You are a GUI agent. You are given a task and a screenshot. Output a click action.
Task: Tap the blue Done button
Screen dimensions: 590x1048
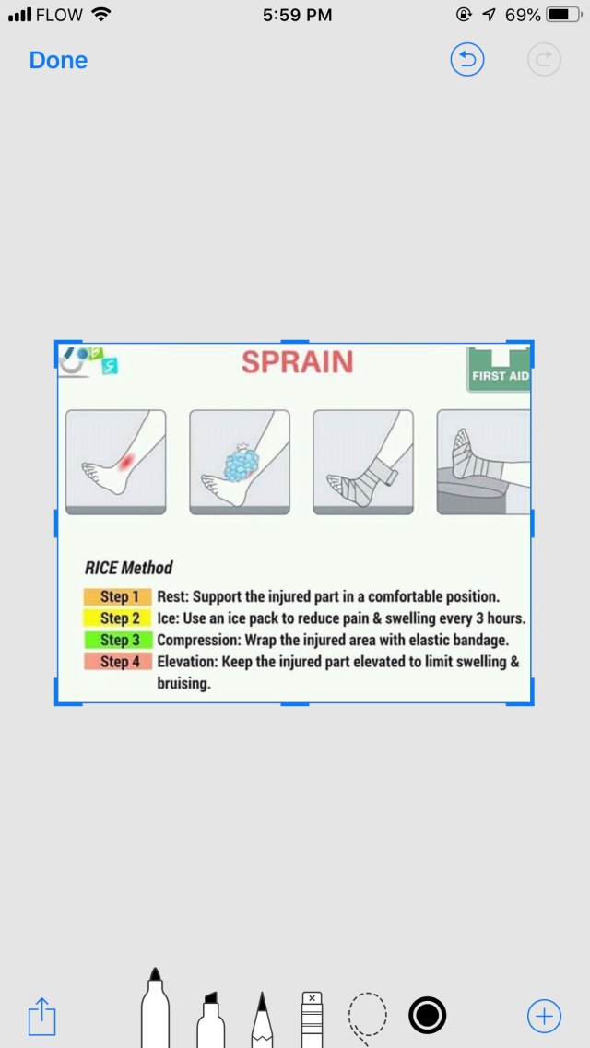[x=58, y=60]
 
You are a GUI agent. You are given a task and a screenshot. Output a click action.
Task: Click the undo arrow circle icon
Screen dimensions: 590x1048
[x=467, y=60]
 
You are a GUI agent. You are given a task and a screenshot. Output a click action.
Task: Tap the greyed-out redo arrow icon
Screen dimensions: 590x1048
[x=544, y=60]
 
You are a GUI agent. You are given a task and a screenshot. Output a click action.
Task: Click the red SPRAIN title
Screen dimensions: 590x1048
[x=297, y=362]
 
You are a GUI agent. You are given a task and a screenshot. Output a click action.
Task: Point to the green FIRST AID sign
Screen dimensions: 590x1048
[x=499, y=370]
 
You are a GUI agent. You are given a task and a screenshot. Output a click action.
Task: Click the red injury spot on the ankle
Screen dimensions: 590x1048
[x=125, y=460]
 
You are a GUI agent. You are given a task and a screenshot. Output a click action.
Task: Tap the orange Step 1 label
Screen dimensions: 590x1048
[x=119, y=596]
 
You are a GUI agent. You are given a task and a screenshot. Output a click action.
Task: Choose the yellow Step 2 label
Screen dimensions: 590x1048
[x=119, y=618]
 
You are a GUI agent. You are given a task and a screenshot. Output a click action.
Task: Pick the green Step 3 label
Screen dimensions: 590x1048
[x=119, y=641]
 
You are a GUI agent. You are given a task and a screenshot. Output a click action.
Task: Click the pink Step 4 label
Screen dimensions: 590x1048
[x=119, y=663]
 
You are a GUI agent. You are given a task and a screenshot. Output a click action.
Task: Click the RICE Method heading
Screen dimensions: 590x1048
[x=128, y=568]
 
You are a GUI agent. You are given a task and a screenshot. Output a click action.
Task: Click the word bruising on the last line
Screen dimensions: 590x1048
[x=183, y=685]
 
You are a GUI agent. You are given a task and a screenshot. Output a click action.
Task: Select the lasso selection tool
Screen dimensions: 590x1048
[x=368, y=1017]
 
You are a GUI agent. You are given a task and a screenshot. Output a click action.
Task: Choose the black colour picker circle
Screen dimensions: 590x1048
[x=427, y=1016]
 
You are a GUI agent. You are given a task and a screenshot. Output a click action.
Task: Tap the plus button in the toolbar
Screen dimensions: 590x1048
[x=544, y=1017]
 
